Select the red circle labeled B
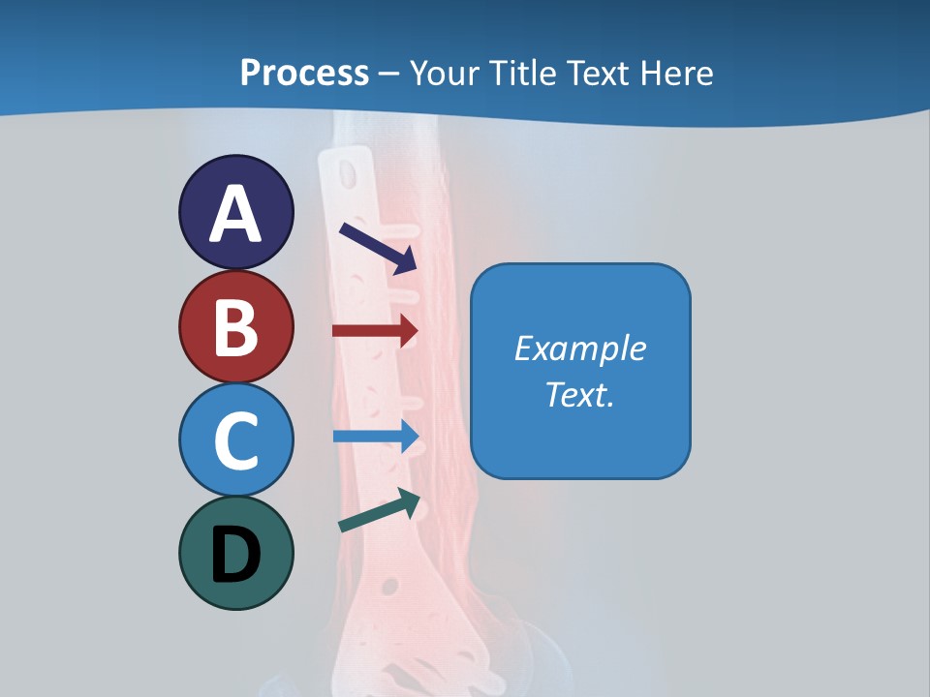tap(235, 327)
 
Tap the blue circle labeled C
tap(235, 440)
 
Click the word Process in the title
tap(304, 73)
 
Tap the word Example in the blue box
tap(579, 348)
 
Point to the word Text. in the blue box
tap(579, 394)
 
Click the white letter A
tap(235, 214)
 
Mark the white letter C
tap(235, 440)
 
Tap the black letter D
tap(235, 556)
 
